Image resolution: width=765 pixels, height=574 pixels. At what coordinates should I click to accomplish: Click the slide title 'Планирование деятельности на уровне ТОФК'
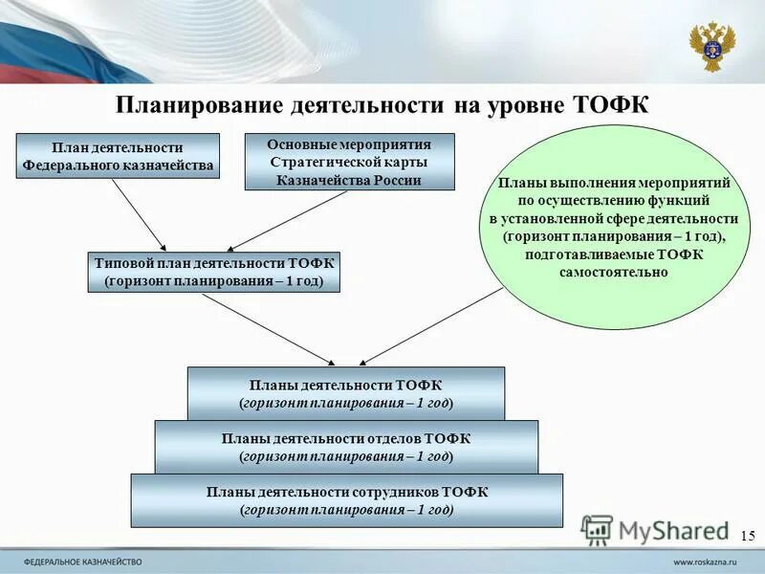pyautogui.click(x=382, y=105)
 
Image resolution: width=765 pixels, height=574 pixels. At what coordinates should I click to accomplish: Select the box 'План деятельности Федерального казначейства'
pyautogui.click(x=118, y=156)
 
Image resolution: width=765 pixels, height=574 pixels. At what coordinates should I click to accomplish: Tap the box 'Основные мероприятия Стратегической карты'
pyautogui.click(x=349, y=162)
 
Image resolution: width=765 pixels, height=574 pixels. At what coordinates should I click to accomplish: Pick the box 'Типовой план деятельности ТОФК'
pyautogui.click(x=215, y=272)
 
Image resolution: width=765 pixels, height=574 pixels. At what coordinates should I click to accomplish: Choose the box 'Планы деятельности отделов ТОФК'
pyautogui.click(x=346, y=447)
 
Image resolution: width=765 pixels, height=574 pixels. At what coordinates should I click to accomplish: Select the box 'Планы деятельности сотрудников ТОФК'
pyautogui.click(x=346, y=500)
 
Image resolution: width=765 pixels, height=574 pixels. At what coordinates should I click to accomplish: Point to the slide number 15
pyautogui.click(x=748, y=535)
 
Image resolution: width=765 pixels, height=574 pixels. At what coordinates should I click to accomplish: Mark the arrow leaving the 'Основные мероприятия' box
pyautogui.click(x=287, y=222)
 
